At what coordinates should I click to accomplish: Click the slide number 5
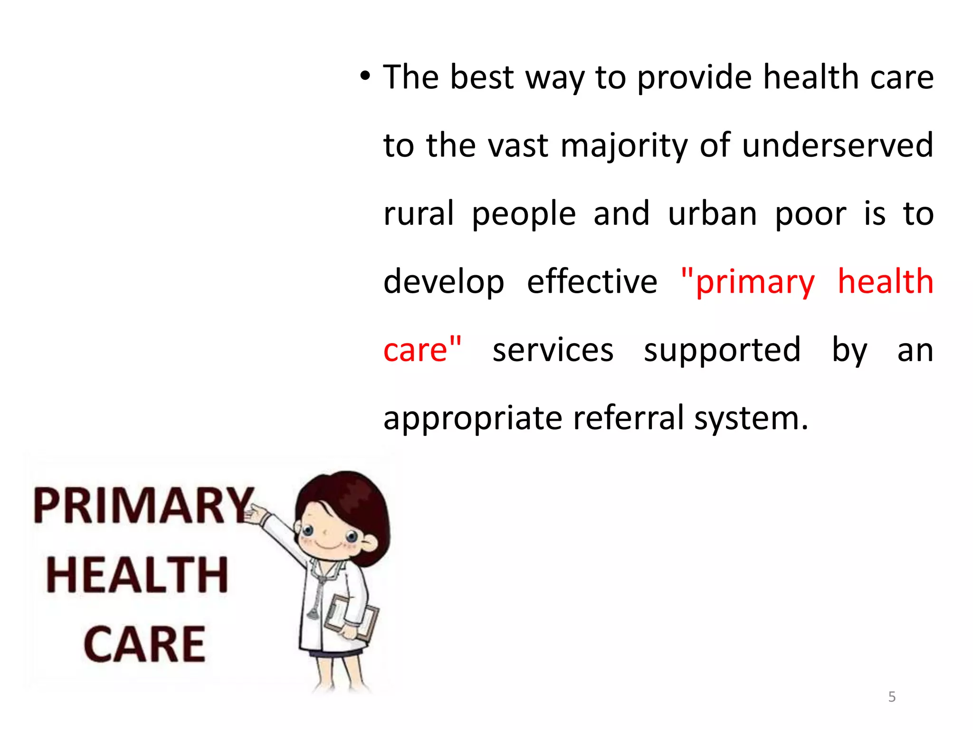tap(892, 697)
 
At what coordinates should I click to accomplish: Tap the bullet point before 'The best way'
tap(364, 76)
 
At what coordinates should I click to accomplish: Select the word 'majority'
tap(624, 146)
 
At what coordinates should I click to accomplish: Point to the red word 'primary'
tap(754, 282)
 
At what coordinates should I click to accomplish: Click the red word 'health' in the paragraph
tap(885, 281)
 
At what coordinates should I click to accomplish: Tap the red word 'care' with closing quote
tap(422, 350)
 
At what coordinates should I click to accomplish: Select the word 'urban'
tap(712, 214)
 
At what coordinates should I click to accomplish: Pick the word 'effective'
tap(592, 281)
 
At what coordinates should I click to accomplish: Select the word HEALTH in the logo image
tap(138, 575)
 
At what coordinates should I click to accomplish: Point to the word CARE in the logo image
tap(145, 644)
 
